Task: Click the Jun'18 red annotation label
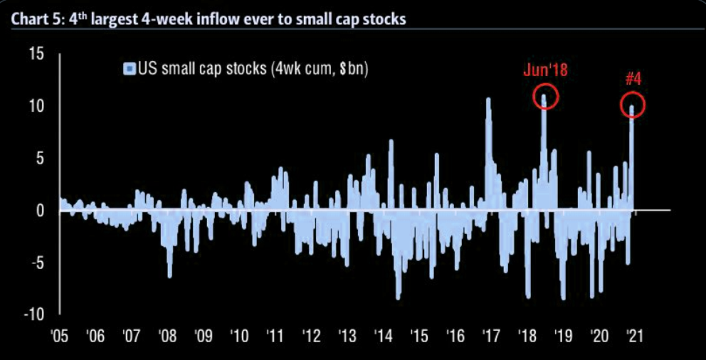pyautogui.click(x=546, y=70)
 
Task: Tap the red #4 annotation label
pyautogui.click(x=633, y=79)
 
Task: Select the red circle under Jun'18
pyautogui.click(x=545, y=97)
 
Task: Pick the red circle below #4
pyautogui.click(x=632, y=106)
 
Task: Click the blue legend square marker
pyautogui.click(x=129, y=69)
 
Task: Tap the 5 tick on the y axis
pyautogui.click(x=41, y=159)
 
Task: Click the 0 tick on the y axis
pyautogui.click(x=41, y=211)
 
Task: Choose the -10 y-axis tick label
pyautogui.click(x=35, y=314)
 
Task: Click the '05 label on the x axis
pyautogui.click(x=60, y=335)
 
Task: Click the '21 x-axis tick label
pyautogui.click(x=633, y=335)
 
